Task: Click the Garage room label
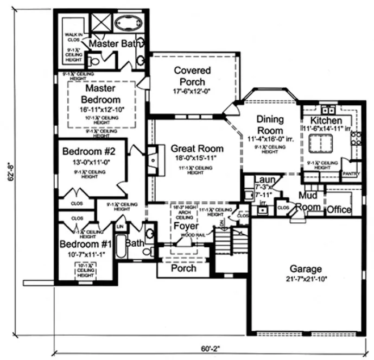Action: tap(305, 268)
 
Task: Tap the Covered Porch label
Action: tap(192, 76)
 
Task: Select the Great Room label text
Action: tap(197, 148)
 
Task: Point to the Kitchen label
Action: tap(326, 120)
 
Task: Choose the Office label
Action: tap(338, 210)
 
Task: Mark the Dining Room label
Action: tap(269, 126)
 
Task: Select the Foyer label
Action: tap(186, 226)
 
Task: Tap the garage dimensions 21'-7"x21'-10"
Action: tap(305, 279)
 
